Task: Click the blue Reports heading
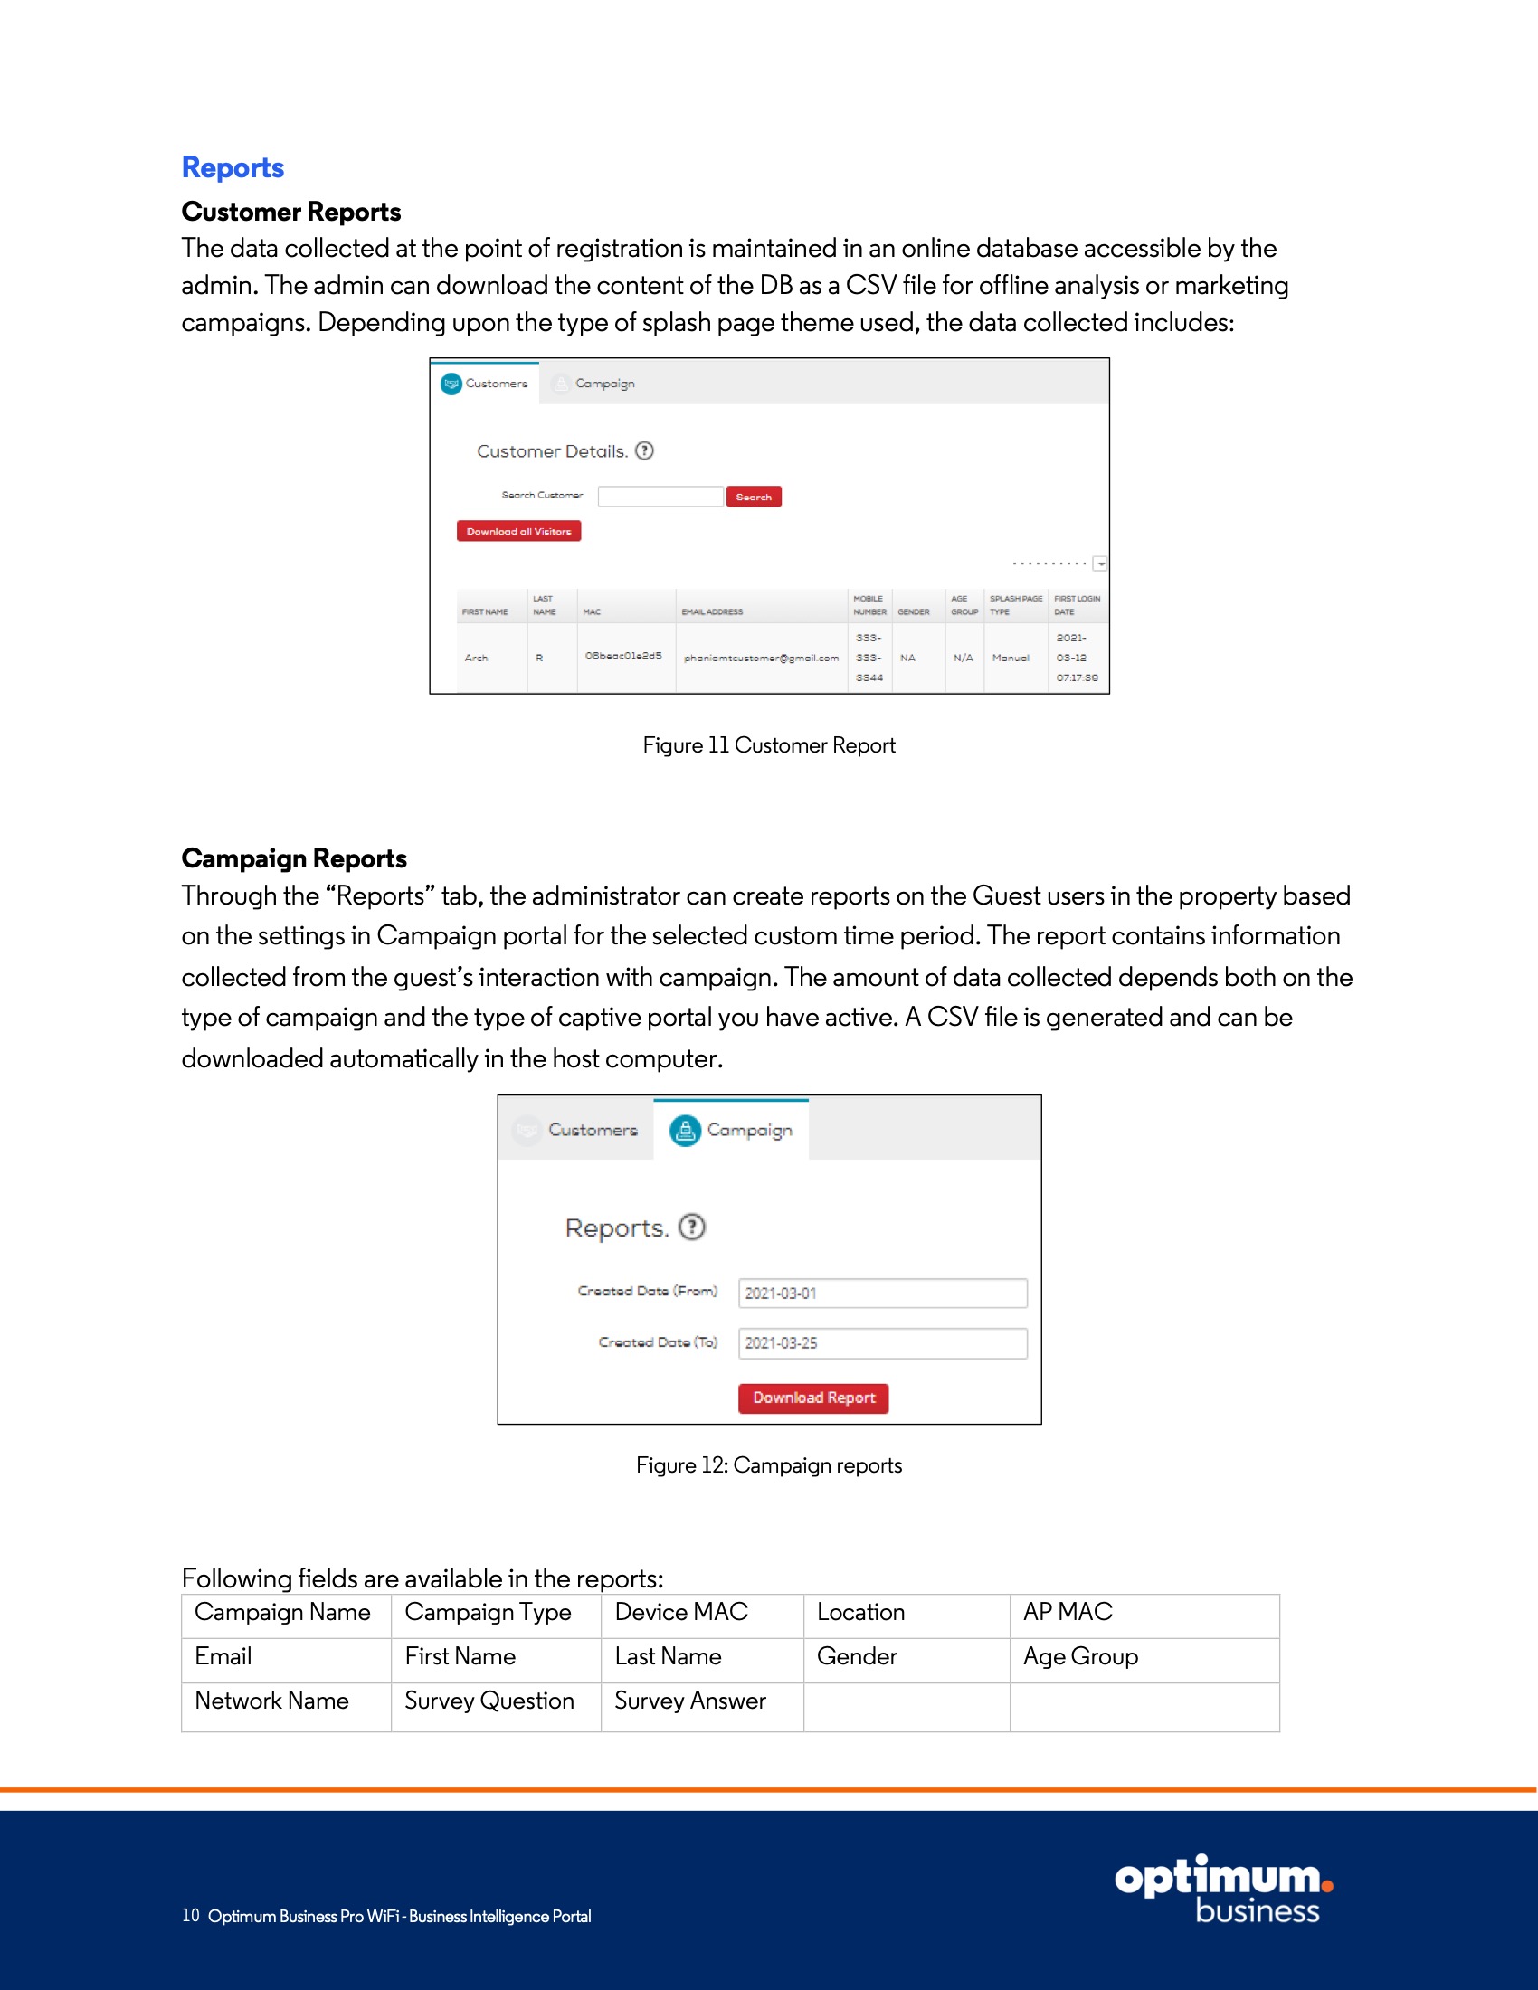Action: click(x=233, y=167)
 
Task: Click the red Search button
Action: click(x=754, y=497)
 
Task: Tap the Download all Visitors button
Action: click(x=518, y=531)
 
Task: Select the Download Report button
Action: click(x=812, y=1398)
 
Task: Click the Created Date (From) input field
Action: click(x=882, y=1293)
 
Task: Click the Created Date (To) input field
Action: click(x=882, y=1343)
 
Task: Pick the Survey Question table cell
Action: click(x=489, y=1701)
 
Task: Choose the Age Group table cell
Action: click(x=1079, y=1656)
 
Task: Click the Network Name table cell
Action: click(x=271, y=1701)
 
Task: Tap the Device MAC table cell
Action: click(x=680, y=1612)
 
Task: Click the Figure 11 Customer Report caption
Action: click(x=769, y=745)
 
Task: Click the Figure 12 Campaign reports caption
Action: click(x=769, y=1465)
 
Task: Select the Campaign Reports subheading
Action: click(x=293, y=858)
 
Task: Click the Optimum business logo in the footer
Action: click(x=1223, y=1889)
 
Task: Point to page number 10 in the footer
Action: click(x=190, y=1915)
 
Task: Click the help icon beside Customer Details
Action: click(x=644, y=451)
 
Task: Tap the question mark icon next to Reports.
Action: click(x=692, y=1227)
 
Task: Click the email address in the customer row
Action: click(x=761, y=658)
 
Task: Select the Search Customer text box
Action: click(x=660, y=497)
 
